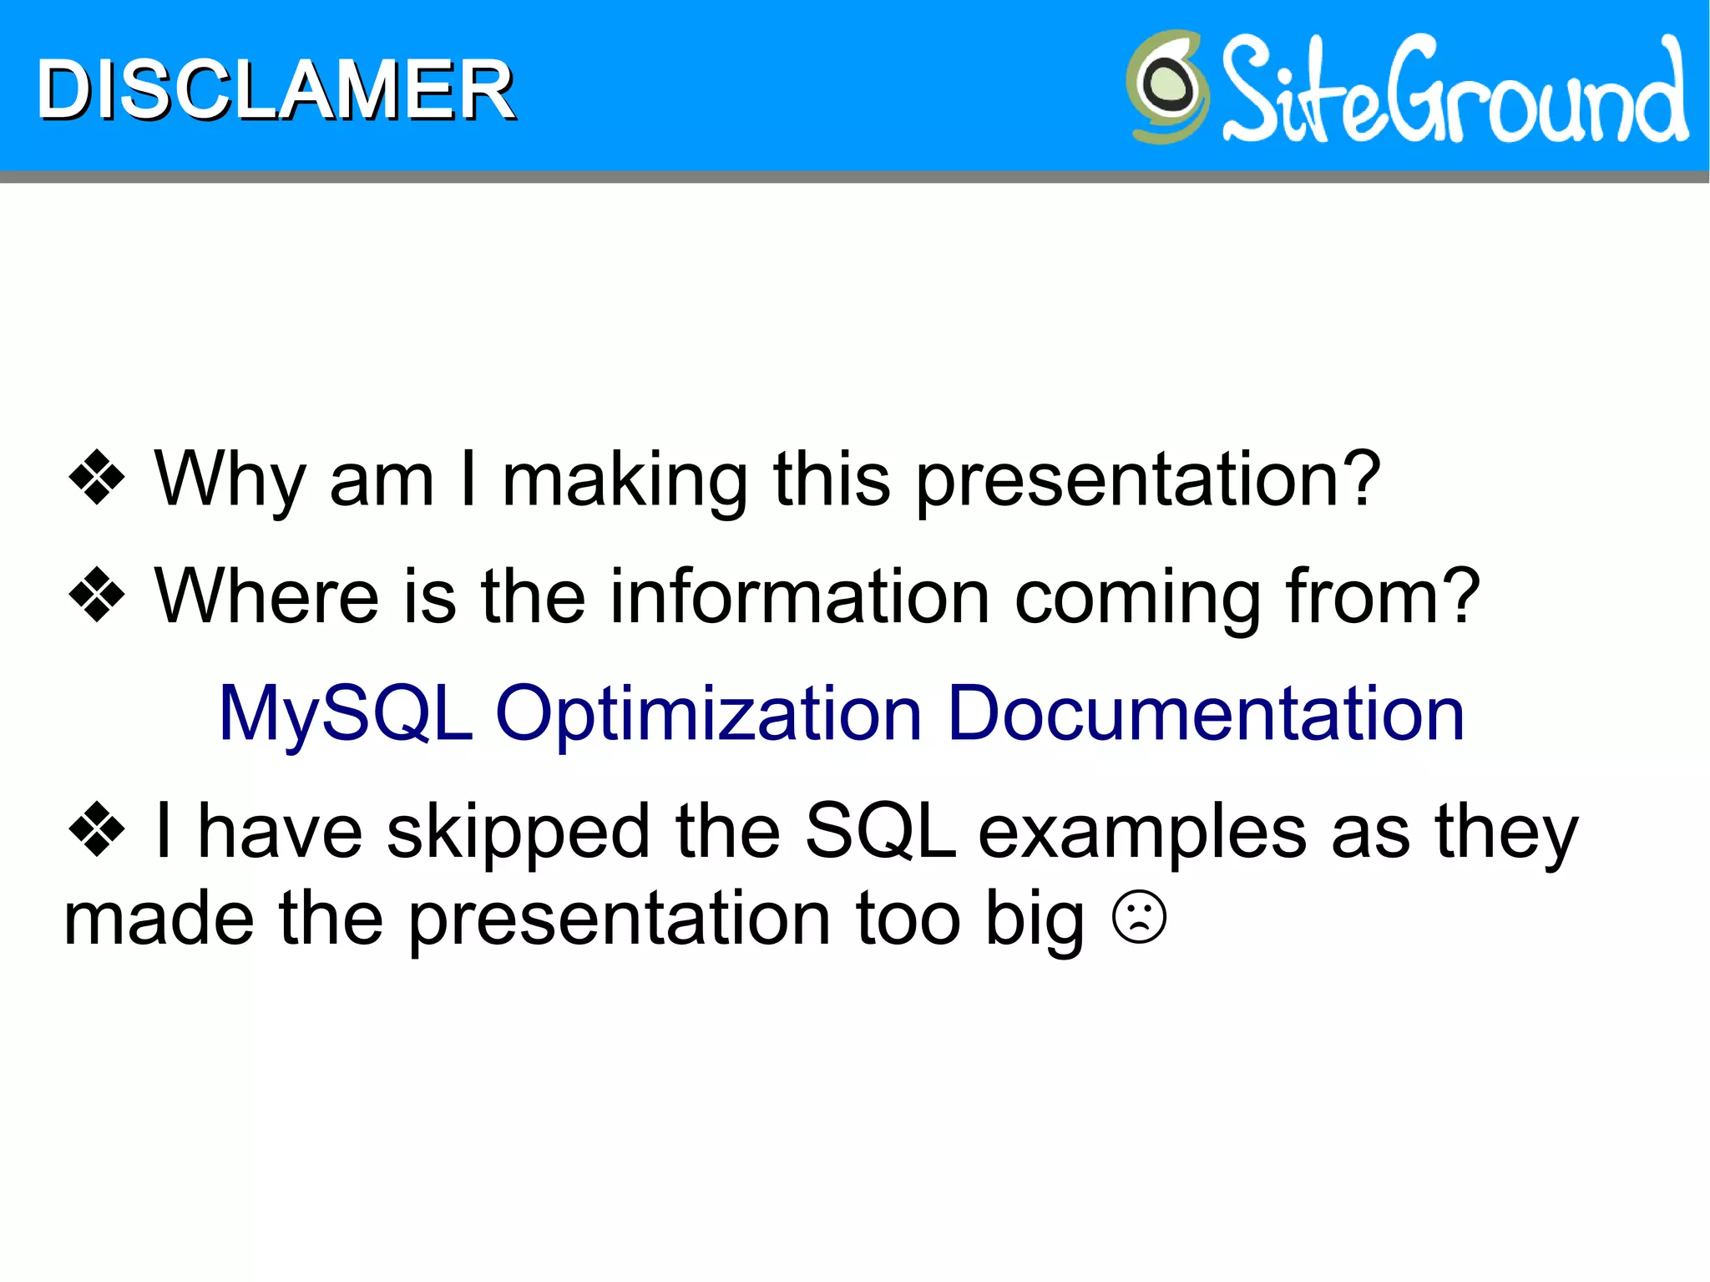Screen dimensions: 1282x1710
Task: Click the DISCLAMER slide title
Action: point(276,90)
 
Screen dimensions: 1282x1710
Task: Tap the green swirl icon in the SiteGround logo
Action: point(1167,86)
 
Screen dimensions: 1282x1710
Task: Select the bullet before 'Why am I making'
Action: point(97,479)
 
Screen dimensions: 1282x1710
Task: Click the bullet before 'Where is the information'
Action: point(97,595)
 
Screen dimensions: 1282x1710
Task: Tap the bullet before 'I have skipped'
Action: point(97,830)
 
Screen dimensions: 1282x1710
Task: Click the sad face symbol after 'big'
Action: point(1139,918)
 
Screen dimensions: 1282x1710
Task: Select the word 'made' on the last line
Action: point(159,918)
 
